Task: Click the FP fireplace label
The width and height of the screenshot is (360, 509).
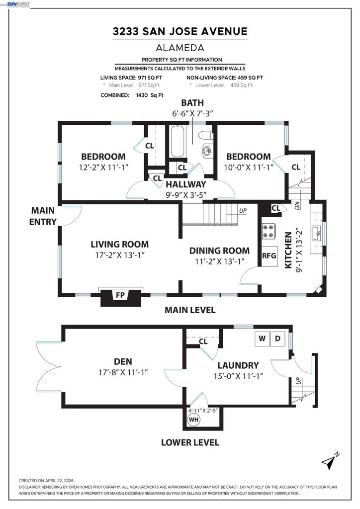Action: (120, 295)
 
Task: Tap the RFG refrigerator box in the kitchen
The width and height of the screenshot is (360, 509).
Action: (270, 256)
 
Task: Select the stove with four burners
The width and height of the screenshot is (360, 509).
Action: (269, 231)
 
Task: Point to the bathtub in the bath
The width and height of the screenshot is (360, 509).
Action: (177, 142)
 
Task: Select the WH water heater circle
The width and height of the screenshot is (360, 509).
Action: (194, 420)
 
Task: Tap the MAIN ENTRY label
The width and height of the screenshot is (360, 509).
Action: (43, 216)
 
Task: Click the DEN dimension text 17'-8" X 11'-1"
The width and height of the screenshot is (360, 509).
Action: (123, 372)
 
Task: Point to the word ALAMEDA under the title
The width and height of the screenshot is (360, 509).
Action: (180, 48)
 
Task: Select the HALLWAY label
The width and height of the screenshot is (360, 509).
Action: (186, 184)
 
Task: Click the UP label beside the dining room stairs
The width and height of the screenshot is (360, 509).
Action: (243, 211)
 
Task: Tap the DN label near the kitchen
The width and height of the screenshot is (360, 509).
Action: (297, 205)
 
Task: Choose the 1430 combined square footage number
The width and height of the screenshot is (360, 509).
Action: (142, 95)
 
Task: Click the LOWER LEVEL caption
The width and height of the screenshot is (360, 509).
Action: (190, 442)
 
